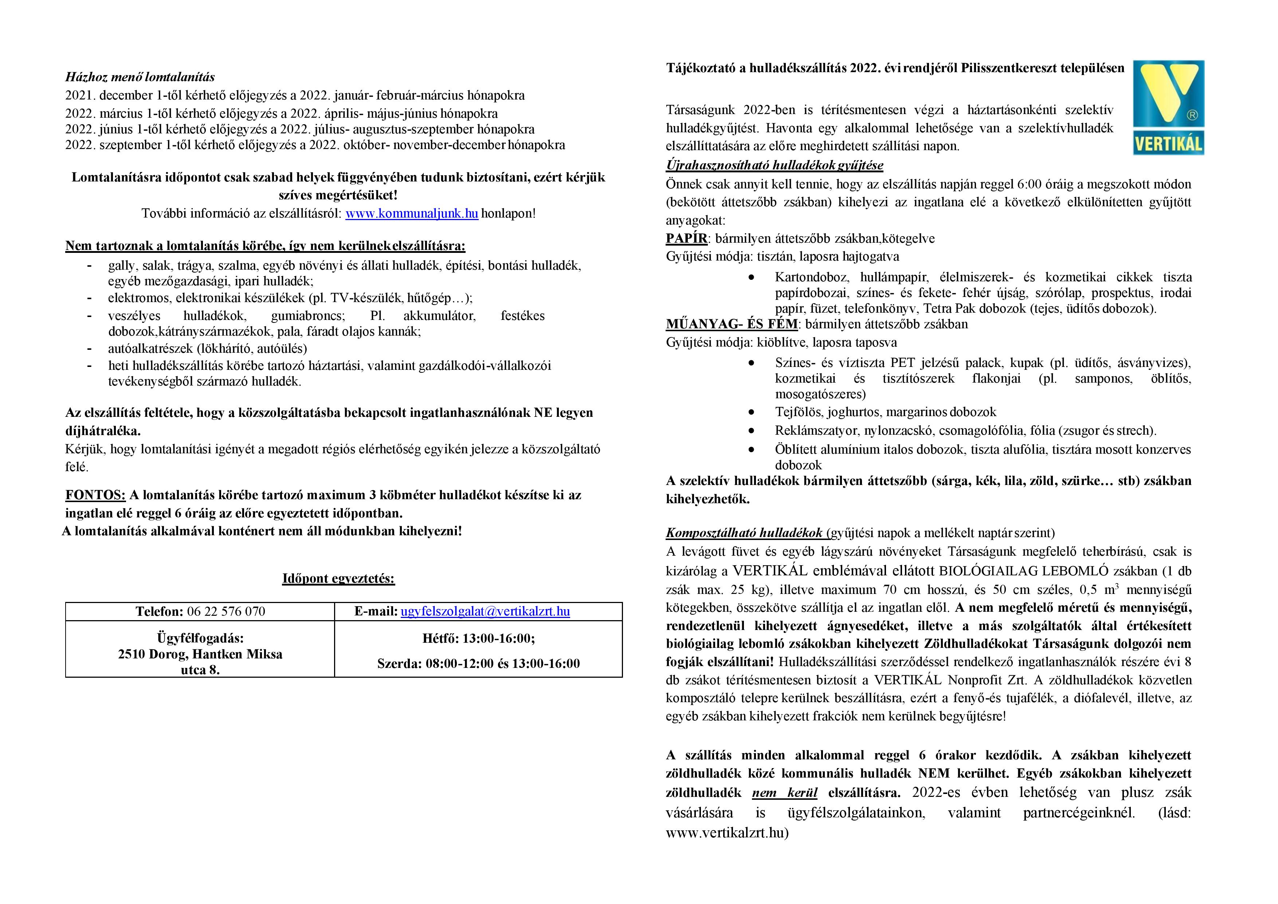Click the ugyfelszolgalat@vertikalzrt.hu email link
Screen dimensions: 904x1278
click(485, 611)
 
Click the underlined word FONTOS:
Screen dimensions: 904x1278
click(95, 495)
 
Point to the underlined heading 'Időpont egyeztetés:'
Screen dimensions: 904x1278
click(338, 578)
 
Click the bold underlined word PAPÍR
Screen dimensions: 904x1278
click(686, 239)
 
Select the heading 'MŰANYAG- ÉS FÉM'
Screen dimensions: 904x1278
click(732, 324)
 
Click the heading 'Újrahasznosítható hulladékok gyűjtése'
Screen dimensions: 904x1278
click(774, 165)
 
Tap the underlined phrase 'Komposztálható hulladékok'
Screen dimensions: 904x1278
click(744, 533)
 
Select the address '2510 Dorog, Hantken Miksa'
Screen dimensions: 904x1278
click(200, 654)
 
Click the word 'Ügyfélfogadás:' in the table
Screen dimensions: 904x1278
click(200, 638)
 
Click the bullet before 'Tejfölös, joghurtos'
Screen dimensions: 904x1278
click(752, 412)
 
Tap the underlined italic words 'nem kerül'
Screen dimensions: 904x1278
click(784, 793)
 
